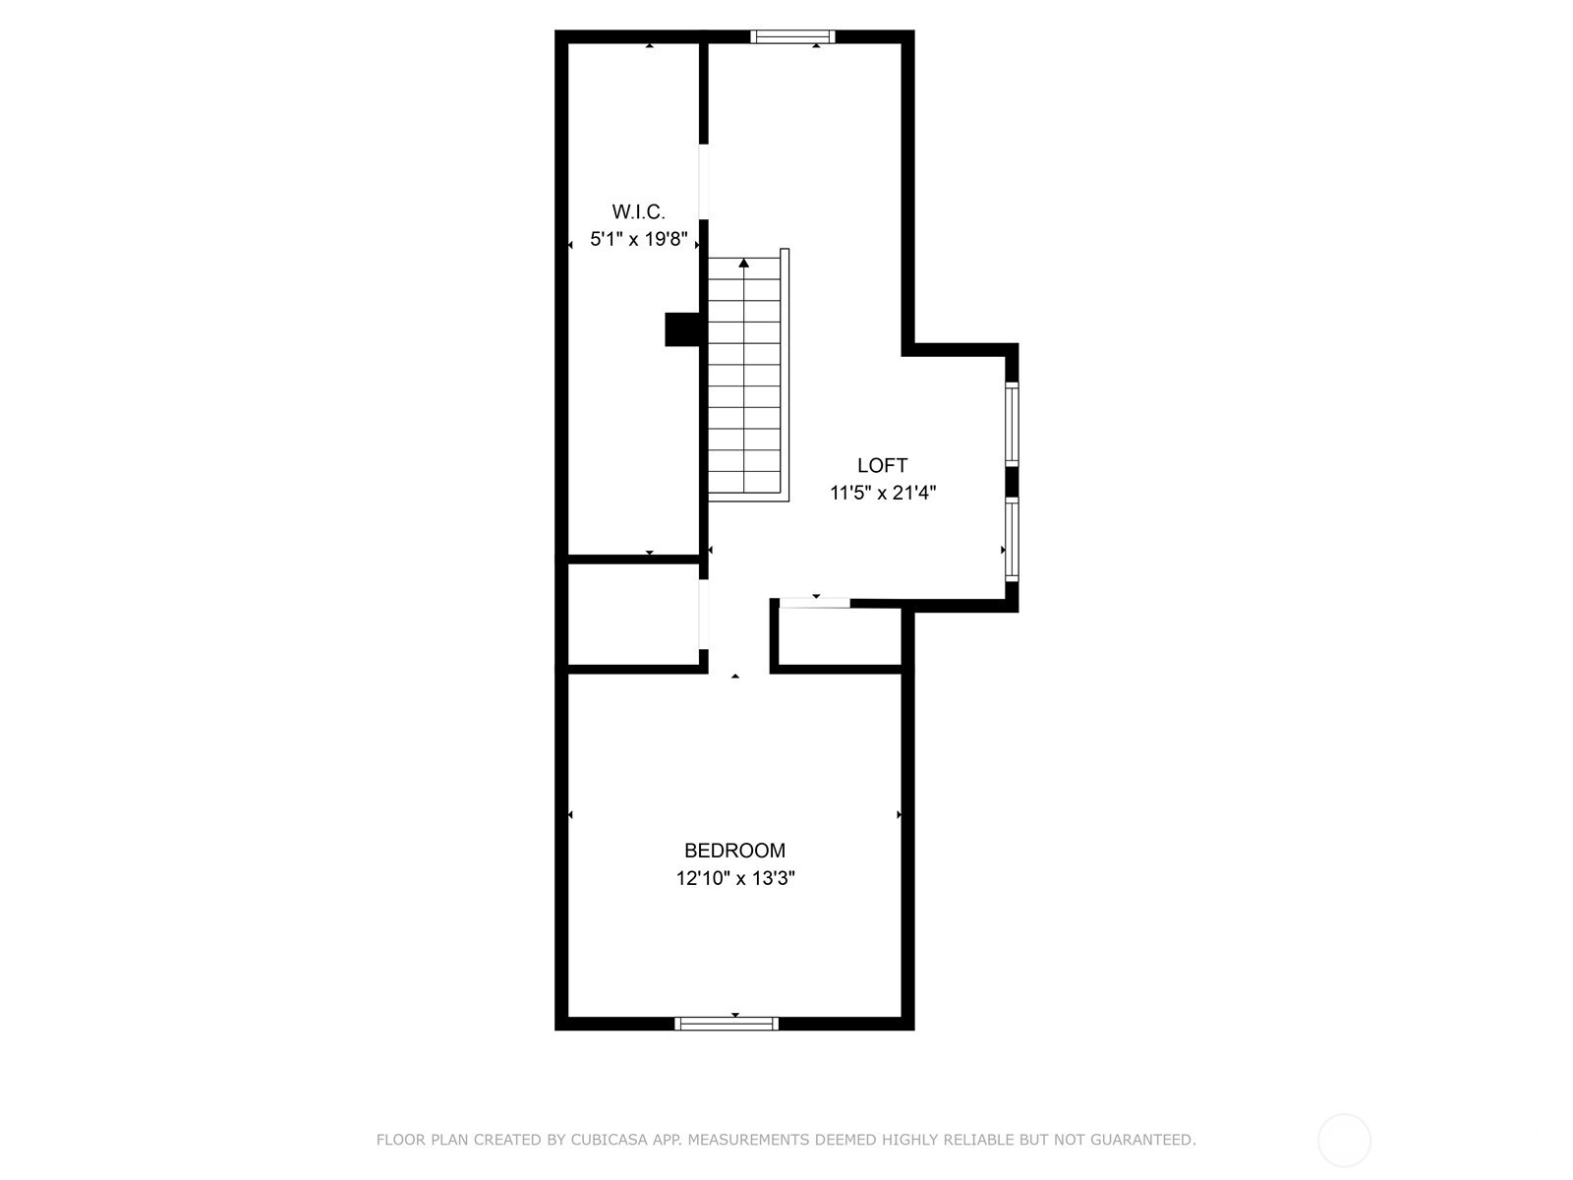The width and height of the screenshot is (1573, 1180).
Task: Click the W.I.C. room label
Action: tap(638, 212)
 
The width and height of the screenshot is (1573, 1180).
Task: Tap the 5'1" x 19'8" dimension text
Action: tap(638, 239)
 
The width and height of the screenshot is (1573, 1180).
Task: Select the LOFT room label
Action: tap(882, 466)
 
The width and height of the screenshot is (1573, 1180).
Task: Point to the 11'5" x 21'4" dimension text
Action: tap(883, 493)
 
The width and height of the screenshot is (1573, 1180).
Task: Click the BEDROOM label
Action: tap(734, 851)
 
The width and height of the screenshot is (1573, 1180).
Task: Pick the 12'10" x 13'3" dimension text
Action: tap(735, 878)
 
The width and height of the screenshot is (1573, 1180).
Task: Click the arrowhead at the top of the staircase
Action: tap(744, 263)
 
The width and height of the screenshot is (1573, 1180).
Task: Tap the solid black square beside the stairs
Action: tap(682, 329)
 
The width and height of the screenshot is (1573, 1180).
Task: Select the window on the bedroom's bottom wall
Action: tap(726, 1024)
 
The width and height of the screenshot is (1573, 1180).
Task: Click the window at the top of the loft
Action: tap(792, 36)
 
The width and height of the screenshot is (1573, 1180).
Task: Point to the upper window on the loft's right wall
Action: tap(1012, 424)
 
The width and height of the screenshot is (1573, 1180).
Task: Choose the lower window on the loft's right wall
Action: tap(1012, 539)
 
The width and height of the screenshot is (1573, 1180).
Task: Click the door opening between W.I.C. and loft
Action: tap(704, 182)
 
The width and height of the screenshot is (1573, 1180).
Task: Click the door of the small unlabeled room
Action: tap(704, 615)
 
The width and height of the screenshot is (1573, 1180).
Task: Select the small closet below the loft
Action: tap(840, 637)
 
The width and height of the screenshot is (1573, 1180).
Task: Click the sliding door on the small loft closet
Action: tap(815, 603)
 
